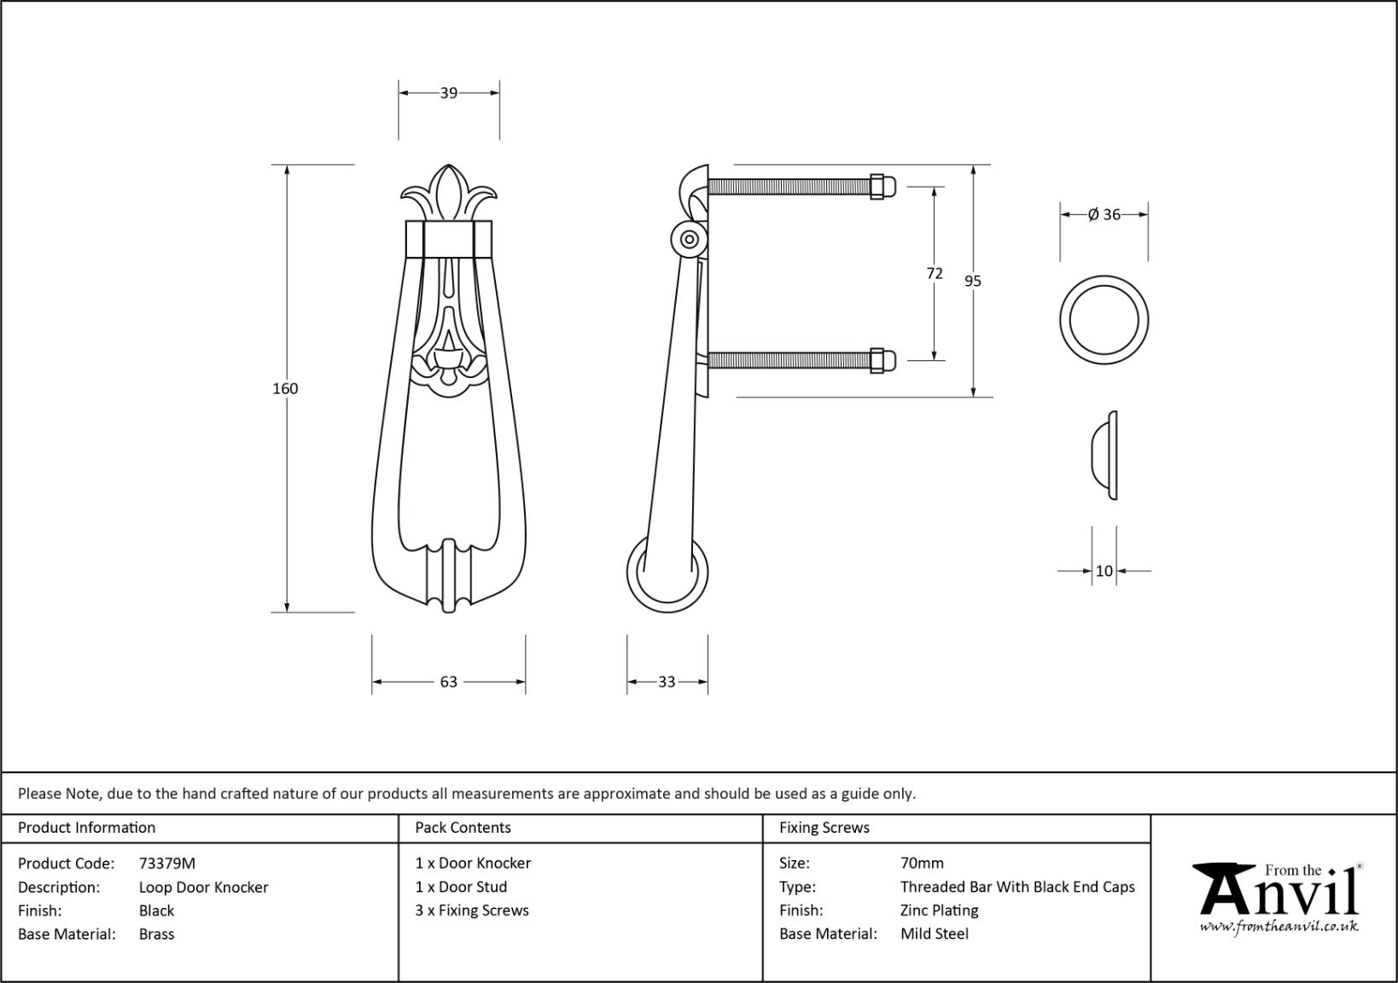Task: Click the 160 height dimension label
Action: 285,388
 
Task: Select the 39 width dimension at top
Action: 449,93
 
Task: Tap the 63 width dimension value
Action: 449,682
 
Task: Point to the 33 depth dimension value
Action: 667,682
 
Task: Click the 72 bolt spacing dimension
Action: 935,273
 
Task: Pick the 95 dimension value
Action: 972,281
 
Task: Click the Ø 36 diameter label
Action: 1104,215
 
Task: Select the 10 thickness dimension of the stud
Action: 1104,571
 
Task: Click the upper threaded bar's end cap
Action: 883,187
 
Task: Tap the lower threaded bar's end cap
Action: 883,360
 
